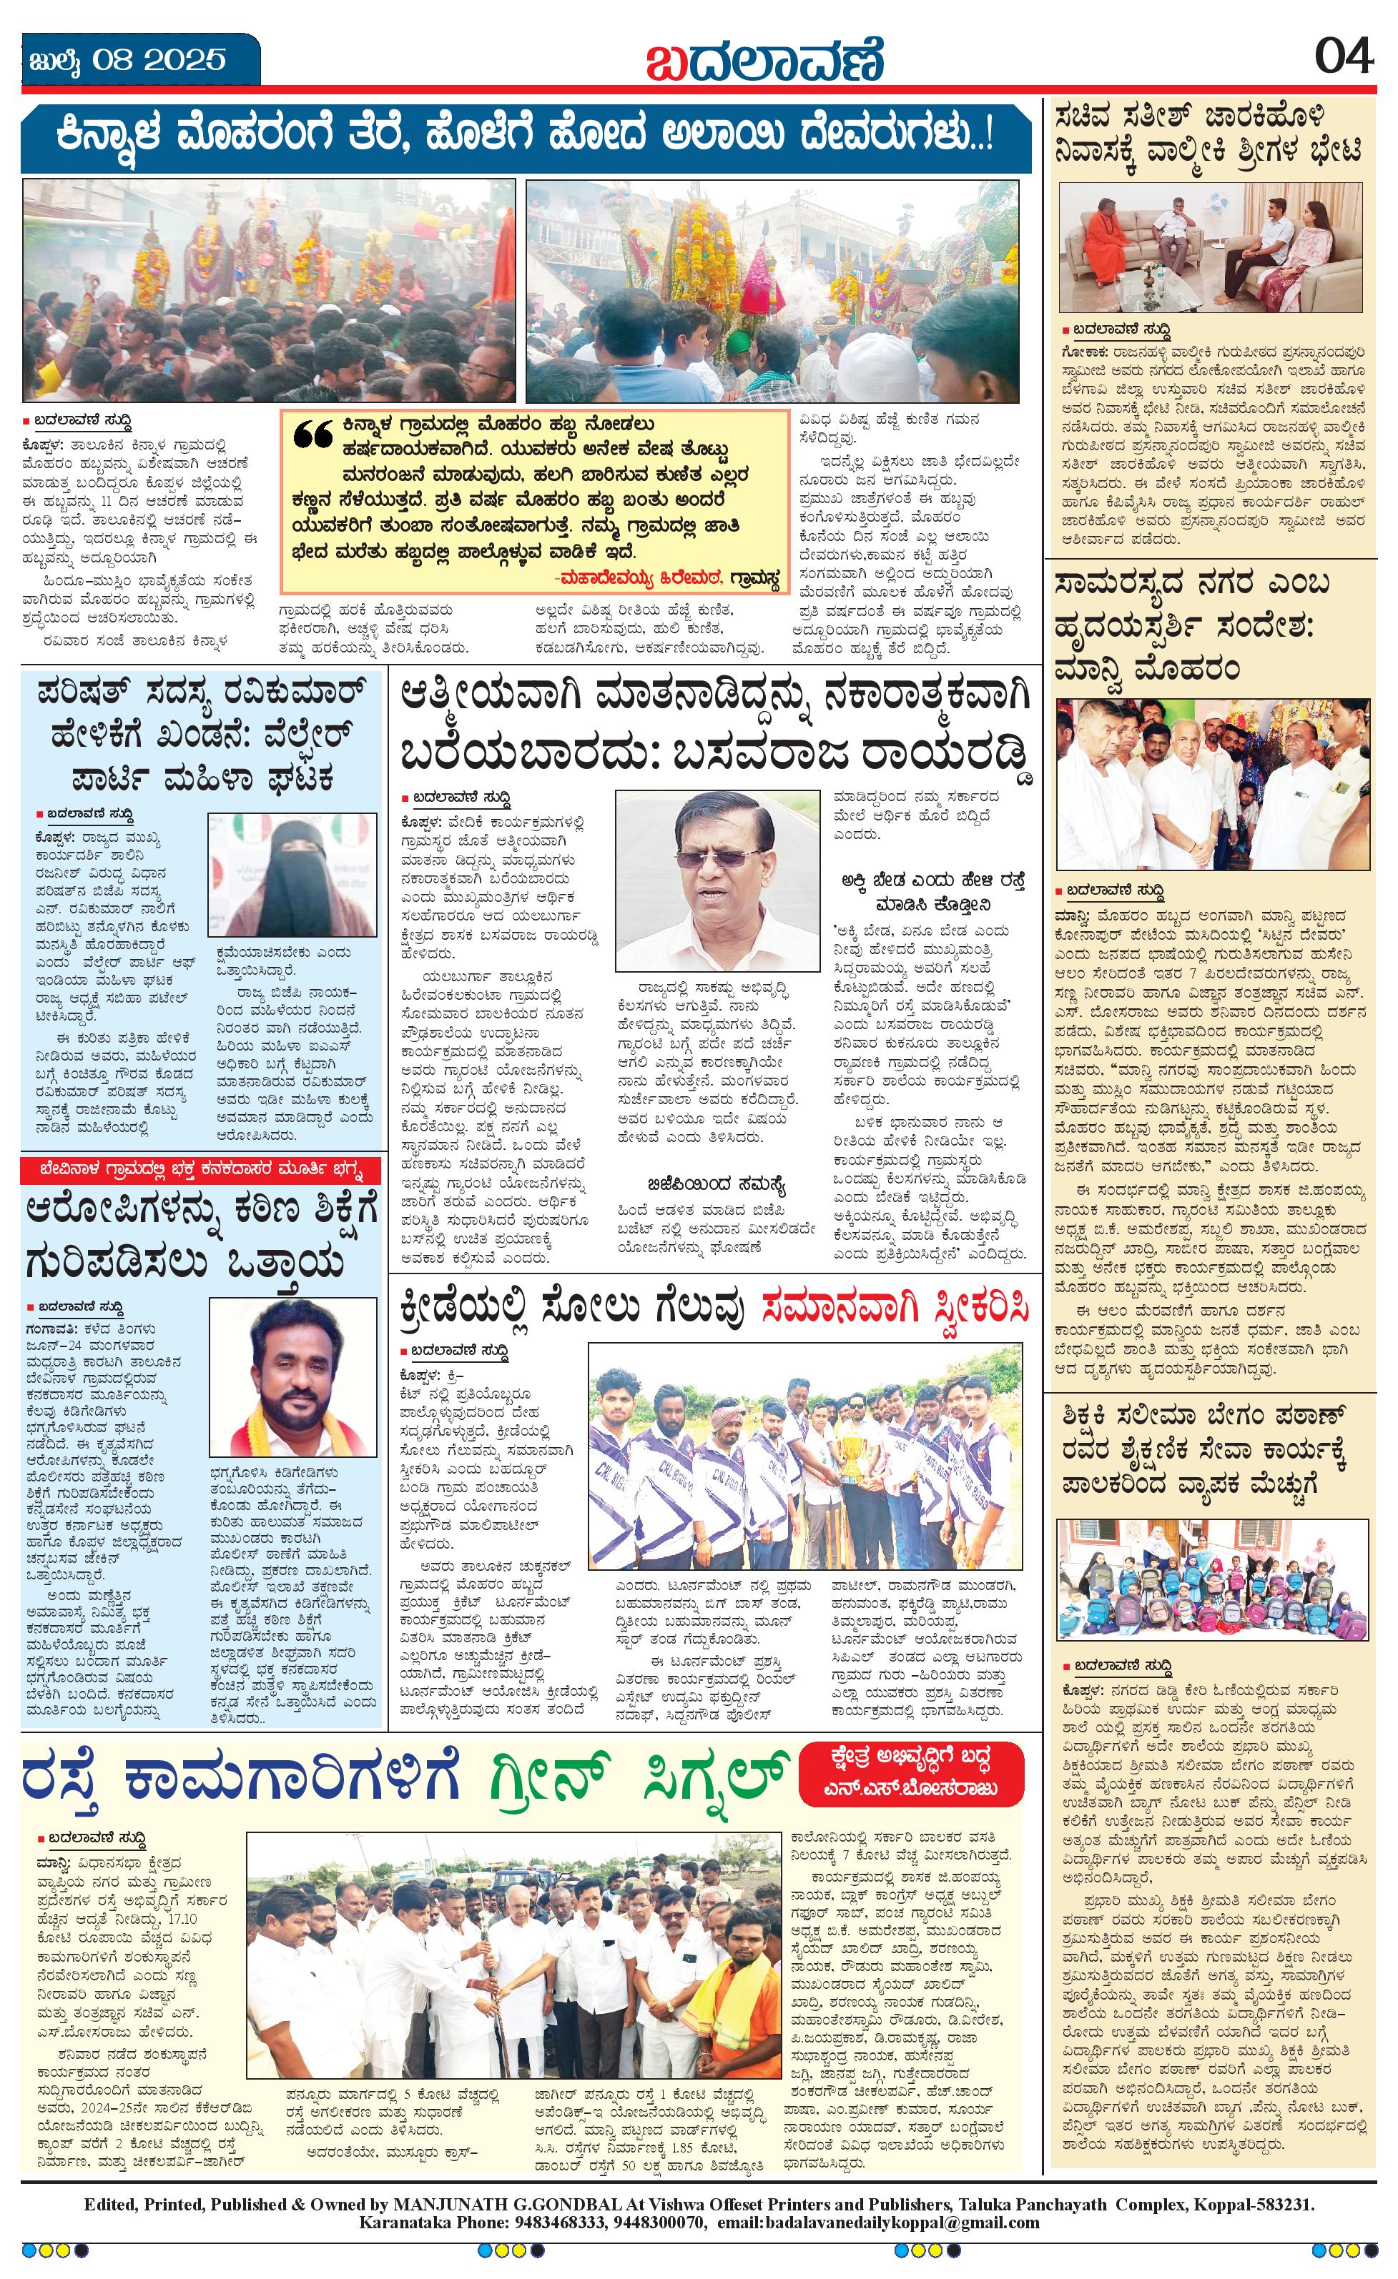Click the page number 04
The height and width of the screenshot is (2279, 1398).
[1344, 59]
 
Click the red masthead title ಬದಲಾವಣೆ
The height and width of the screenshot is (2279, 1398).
[764, 61]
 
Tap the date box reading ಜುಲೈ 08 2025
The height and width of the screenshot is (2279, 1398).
[127, 61]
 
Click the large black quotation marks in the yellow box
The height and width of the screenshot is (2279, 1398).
[312, 434]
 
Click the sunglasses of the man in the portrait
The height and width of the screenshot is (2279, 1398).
[715, 858]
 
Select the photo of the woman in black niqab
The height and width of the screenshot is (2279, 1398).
[292, 875]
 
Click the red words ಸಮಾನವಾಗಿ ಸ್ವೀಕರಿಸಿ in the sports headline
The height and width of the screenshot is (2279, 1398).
[895, 1308]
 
